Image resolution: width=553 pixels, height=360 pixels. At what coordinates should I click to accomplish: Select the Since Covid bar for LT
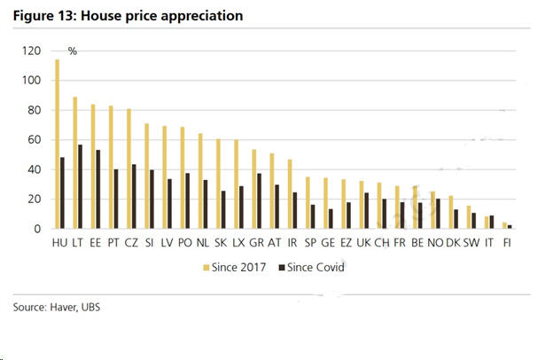pyautogui.click(x=81, y=186)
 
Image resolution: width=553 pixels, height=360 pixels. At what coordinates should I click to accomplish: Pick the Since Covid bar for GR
pyautogui.click(x=258, y=200)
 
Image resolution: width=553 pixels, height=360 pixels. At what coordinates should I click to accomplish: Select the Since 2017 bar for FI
pyautogui.click(x=503, y=225)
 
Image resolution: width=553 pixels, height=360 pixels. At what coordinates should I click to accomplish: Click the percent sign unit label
pyautogui.click(x=73, y=51)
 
